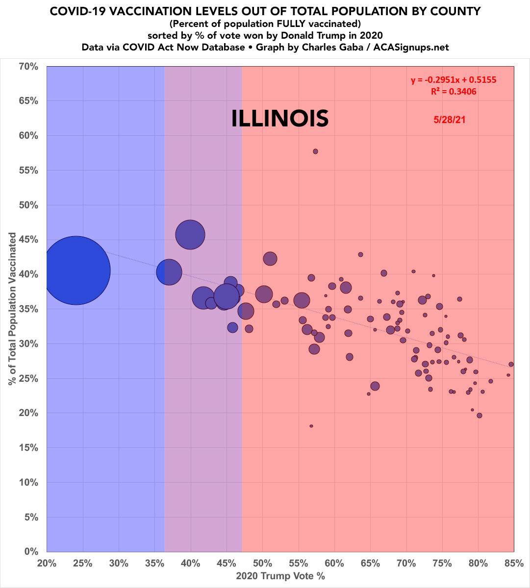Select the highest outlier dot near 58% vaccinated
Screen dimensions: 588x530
click(315, 151)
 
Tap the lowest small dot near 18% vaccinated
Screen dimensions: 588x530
click(311, 426)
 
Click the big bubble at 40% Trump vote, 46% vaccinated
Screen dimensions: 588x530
click(190, 235)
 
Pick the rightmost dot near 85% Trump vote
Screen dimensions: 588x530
click(511, 364)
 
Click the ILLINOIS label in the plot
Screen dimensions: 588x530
click(279, 119)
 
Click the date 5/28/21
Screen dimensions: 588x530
click(449, 119)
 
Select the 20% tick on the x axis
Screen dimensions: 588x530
click(47, 563)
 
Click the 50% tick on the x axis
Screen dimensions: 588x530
click(262, 563)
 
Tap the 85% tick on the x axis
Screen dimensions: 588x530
click(513, 563)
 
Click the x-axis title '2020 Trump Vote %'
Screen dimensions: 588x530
click(280, 576)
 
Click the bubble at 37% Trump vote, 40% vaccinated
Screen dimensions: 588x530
click(169, 272)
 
